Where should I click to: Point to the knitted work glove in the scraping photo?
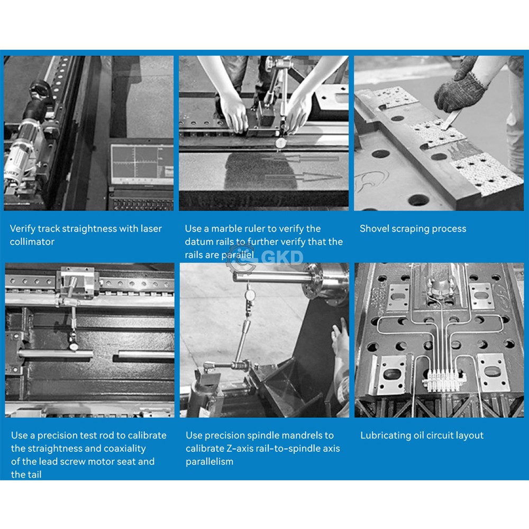tap(460, 91)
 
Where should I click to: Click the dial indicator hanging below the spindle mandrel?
tap(250, 295)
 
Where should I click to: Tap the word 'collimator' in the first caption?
tap(32, 242)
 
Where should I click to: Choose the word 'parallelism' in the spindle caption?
tap(209, 462)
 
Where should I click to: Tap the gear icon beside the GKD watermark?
tap(241, 259)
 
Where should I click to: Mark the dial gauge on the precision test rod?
tap(73, 346)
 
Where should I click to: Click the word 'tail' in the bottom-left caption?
tap(34, 475)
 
